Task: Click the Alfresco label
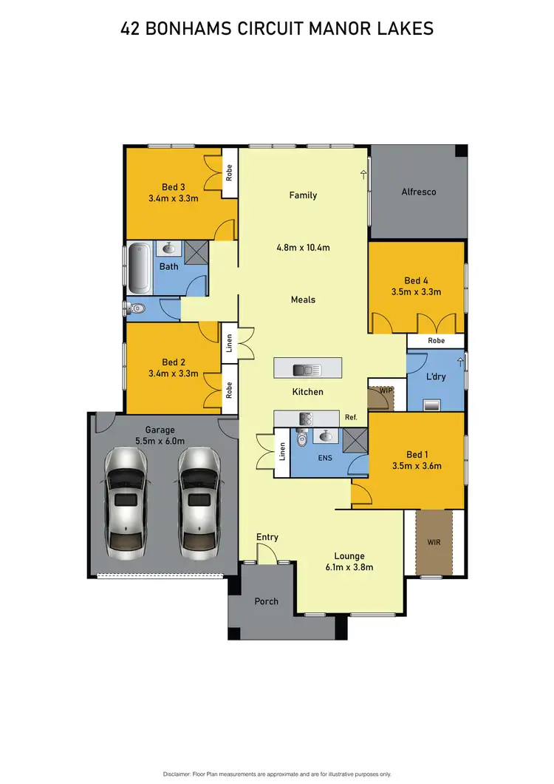click(419, 192)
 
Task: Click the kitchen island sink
click(304, 370)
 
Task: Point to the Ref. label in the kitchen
click(351, 418)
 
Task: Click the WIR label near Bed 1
click(434, 542)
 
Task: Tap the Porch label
click(267, 601)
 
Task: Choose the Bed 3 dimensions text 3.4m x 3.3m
click(174, 198)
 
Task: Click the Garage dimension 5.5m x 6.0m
click(160, 441)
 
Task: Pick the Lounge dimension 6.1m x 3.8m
click(350, 567)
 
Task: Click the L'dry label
click(434, 377)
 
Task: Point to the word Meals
click(303, 300)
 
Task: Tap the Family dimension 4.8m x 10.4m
click(303, 248)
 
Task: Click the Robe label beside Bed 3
click(229, 174)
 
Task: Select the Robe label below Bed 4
click(436, 341)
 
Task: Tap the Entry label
click(267, 537)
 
